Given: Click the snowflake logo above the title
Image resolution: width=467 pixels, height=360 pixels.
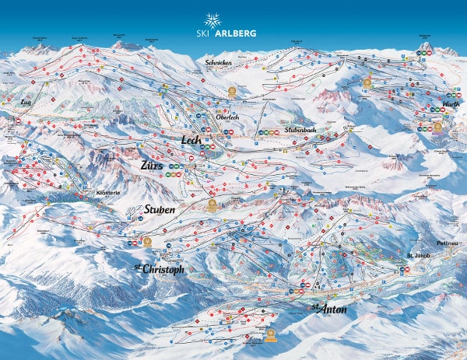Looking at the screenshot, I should [x=212, y=19].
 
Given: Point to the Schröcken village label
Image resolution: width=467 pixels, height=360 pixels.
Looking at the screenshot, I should [x=218, y=61].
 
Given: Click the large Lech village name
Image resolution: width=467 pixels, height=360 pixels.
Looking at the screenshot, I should [x=191, y=140].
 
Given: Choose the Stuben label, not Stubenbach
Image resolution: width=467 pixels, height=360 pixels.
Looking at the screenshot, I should [x=160, y=210].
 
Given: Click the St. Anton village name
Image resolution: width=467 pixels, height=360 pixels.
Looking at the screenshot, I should [x=328, y=309].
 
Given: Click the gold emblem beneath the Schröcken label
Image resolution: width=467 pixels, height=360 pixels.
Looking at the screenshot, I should [x=230, y=90].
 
